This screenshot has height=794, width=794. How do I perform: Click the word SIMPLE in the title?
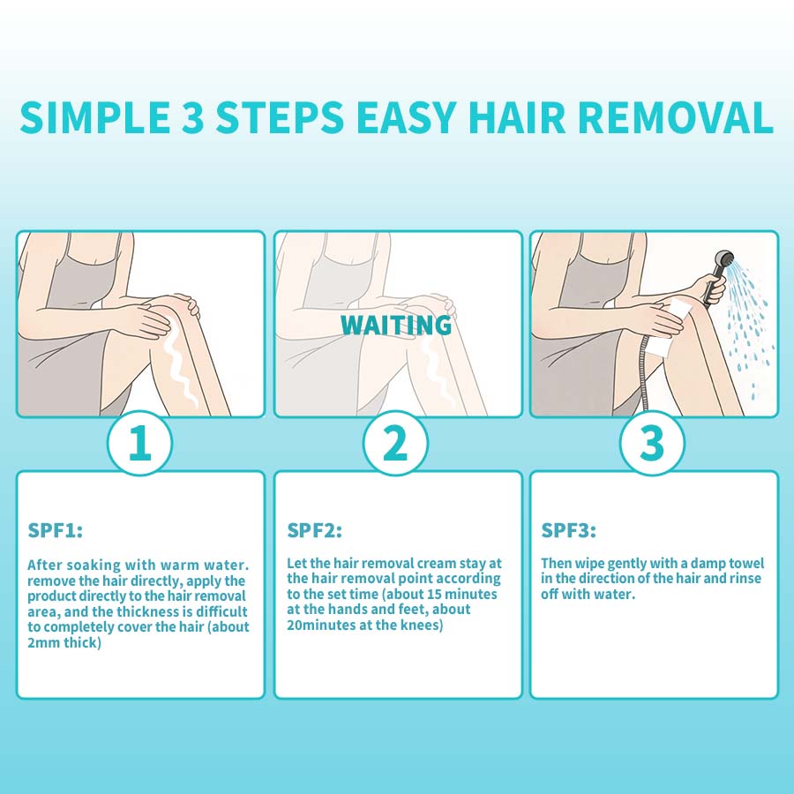[95, 118]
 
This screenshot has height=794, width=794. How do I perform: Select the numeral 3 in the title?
[192, 118]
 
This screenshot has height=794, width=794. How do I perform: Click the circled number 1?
[139, 443]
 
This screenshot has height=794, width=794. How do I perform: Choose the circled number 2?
[395, 443]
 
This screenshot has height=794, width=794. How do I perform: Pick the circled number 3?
[652, 443]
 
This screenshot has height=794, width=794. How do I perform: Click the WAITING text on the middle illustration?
[396, 325]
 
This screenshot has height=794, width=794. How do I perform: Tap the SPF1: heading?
[56, 531]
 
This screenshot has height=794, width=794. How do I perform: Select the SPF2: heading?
[314, 531]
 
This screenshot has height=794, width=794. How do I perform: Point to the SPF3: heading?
[569, 531]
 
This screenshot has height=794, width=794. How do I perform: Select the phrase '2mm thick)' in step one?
[64, 643]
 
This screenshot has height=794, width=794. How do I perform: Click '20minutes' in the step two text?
[321, 625]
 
